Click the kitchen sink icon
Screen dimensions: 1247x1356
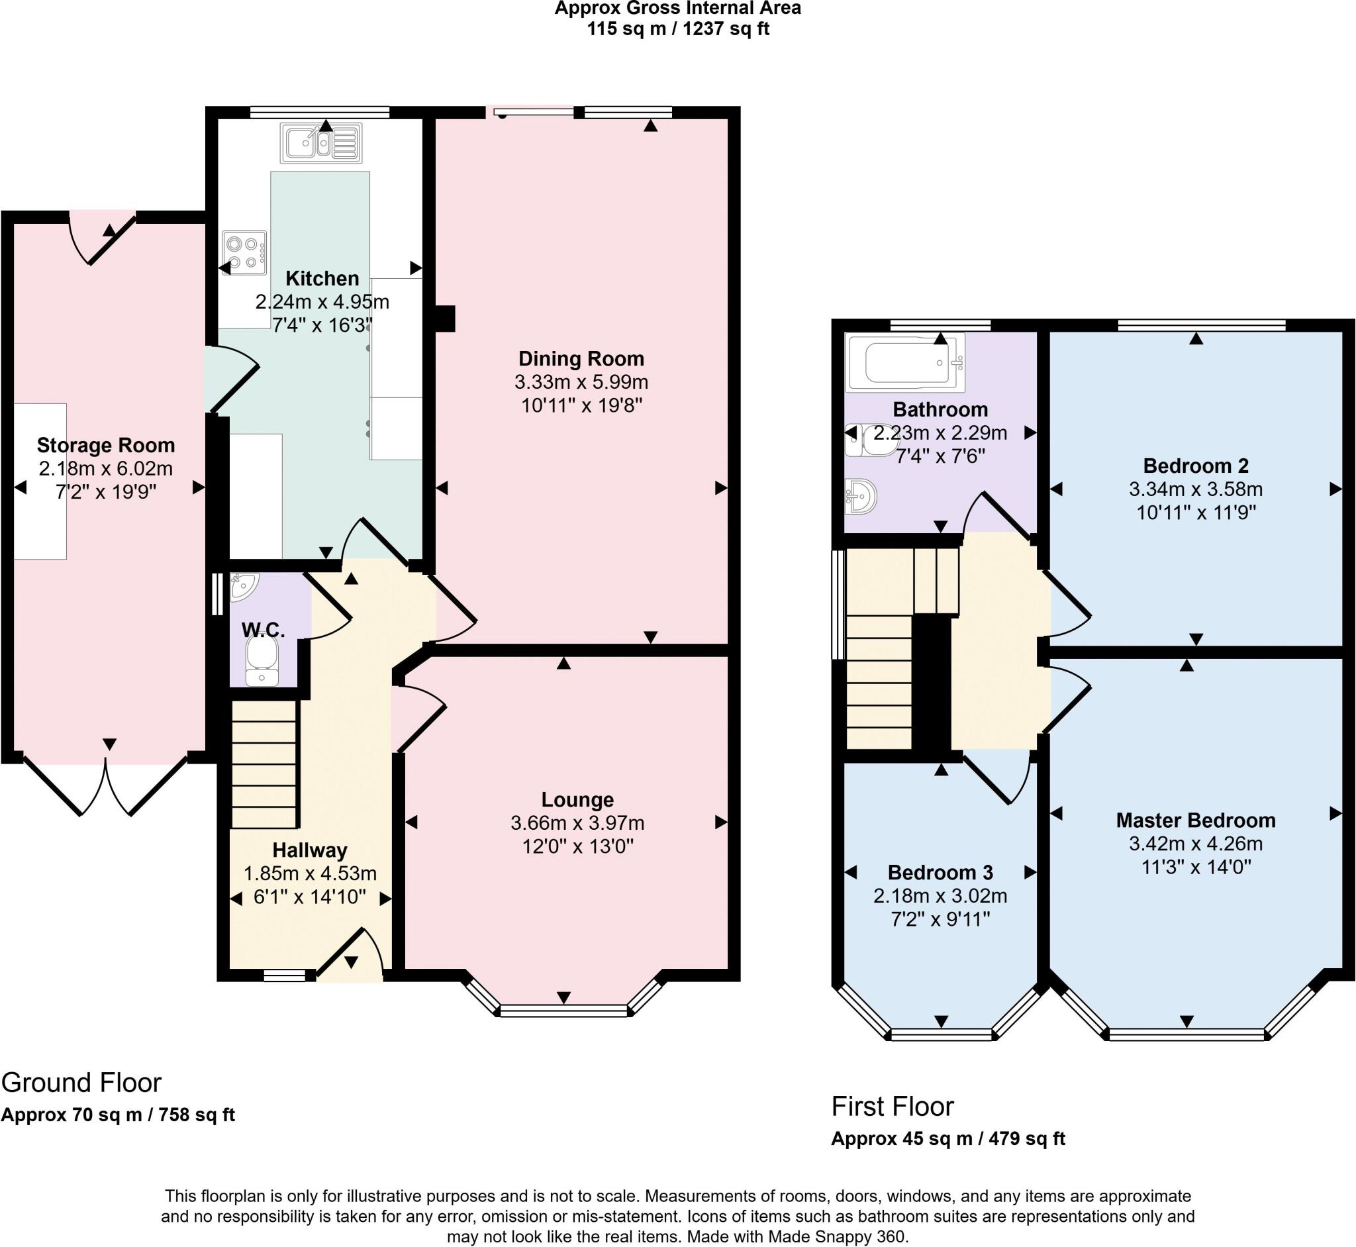click(321, 144)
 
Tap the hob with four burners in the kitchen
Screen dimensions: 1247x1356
click(244, 253)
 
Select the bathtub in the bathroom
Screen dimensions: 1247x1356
click(905, 362)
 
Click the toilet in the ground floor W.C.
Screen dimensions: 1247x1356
click(262, 662)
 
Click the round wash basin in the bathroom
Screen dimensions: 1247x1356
click(861, 497)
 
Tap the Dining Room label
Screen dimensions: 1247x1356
click(581, 358)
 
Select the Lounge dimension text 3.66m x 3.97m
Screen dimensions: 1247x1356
click(577, 823)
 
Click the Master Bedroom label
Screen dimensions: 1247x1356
click(1196, 820)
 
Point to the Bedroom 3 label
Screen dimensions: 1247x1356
click(940, 872)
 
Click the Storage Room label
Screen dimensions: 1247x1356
click(106, 444)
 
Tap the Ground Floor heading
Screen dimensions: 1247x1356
click(81, 1082)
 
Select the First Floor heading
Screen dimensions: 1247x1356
click(892, 1106)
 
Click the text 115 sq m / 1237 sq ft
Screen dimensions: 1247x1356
click(677, 29)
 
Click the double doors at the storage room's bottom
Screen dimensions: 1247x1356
click(106, 787)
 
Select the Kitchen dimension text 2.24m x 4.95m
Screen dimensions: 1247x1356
click(322, 301)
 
